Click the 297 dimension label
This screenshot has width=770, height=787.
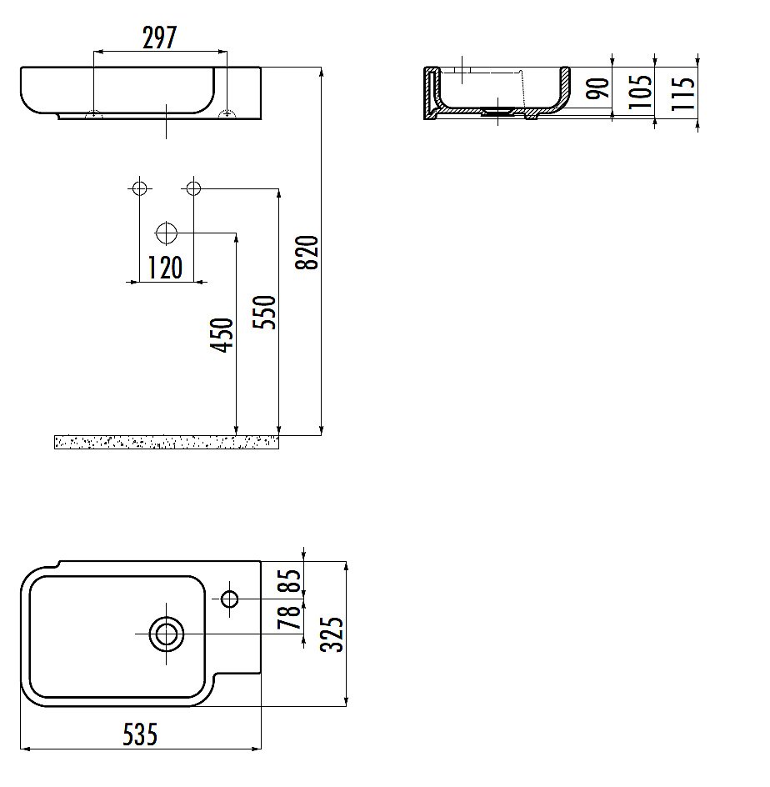[159, 38]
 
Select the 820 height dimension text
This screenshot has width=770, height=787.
[307, 253]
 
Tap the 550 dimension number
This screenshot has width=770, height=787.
[264, 312]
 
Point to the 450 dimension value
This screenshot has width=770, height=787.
[222, 335]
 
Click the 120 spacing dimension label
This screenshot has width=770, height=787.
[165, 268]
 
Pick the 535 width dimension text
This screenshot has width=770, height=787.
[141, 734]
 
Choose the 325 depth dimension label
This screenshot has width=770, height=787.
[332, 634]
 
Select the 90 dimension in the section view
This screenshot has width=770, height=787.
[597, 88]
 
